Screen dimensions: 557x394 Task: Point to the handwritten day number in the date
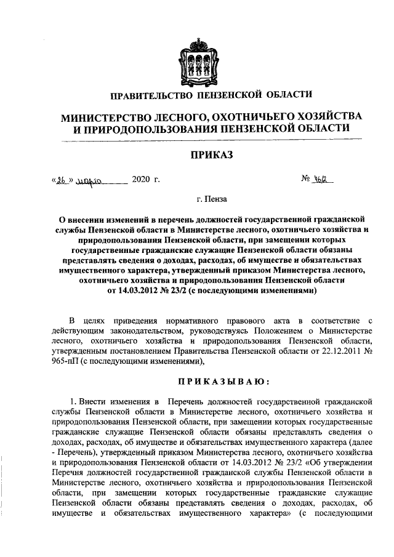pyautogui.click(x=62, y=182)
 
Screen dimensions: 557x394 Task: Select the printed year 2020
pyautogui.click(x=145, y=181)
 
